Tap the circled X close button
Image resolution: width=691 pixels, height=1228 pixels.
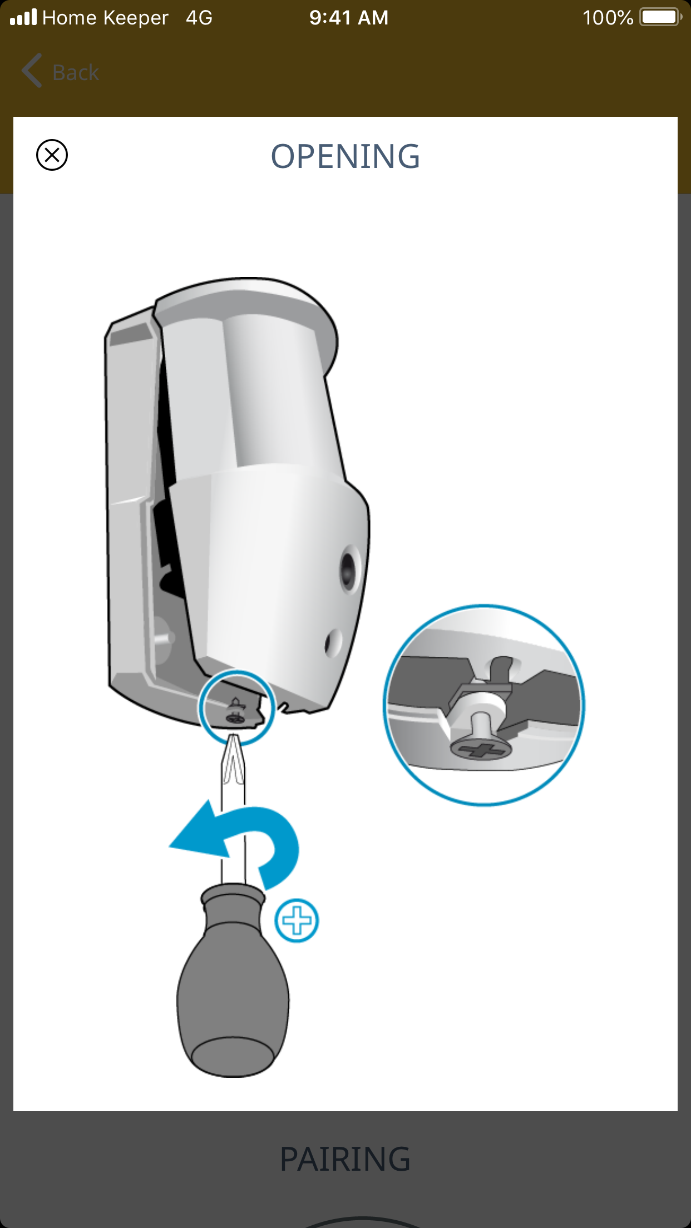(x=52, y=155)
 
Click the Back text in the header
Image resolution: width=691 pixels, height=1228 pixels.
(x=76, y=72)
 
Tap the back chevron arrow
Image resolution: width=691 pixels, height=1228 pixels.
(x=32, y=71)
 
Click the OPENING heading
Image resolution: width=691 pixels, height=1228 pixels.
(x=345, y=156)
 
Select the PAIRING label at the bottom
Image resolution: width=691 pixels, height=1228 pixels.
(x=345, y=1159)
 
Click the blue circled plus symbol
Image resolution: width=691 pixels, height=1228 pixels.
(x=297, y=920)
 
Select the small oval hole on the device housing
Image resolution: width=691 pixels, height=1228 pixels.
(x=333, y=643)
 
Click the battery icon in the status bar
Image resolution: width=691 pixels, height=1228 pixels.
(x=661, y=17)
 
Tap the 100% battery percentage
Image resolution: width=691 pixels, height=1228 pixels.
(x=608, y=18)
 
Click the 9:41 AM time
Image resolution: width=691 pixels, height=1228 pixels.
(x=349, y=18)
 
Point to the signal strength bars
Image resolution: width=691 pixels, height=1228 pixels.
(x=23, y=17)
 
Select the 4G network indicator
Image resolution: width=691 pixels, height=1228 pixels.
(x=199, y=18)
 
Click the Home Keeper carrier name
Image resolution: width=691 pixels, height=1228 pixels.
(x=105, y=18)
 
